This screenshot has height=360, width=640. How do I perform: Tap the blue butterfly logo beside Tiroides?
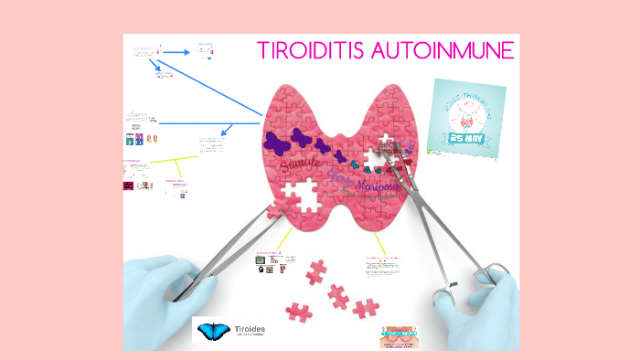pos(217,332)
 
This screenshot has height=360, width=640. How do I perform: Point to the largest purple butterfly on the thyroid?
pos(278,142)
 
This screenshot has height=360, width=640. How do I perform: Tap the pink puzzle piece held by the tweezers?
pos(275,210)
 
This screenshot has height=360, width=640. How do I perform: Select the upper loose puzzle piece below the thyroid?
pos(316,270)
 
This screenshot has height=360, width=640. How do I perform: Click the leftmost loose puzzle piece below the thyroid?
pos(298,312)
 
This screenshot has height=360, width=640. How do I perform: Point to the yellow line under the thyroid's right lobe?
pos(379,241)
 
